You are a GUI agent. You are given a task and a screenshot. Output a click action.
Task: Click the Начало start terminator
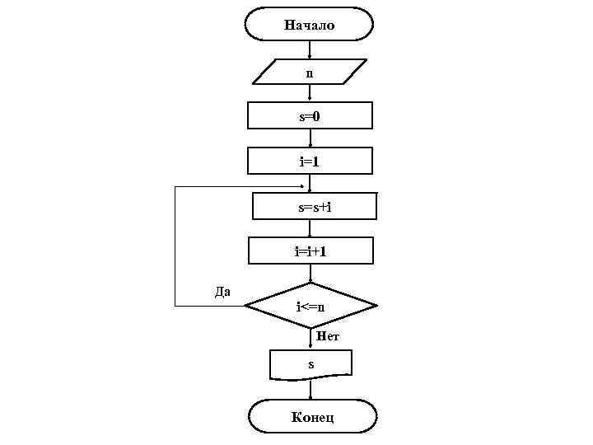tap(309, 25)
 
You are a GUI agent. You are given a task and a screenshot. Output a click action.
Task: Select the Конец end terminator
tap(312, 416)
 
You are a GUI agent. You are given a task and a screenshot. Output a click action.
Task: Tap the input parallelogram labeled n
tap(309, 72)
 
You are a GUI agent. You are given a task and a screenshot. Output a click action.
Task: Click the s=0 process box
tap(310, 116)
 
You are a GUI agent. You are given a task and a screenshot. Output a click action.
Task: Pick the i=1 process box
tap(310, 161)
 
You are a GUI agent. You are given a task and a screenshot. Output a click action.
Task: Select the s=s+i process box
tap(314, 206)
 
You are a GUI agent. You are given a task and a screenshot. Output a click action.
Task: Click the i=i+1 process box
tap(311, 251)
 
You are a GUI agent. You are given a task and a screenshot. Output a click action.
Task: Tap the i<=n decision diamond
tap(311, 307)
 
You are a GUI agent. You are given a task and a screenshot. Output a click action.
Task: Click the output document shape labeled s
tap(311, 364)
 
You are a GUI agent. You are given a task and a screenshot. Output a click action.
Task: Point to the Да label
tap(222, 291)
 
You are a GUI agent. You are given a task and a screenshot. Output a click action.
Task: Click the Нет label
tap(328, 336)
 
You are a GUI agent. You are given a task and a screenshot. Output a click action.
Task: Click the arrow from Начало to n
tap(309, 49)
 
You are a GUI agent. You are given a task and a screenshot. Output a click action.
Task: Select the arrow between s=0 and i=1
tap(310, 138)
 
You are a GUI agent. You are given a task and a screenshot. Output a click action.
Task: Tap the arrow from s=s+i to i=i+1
tap(310, 228)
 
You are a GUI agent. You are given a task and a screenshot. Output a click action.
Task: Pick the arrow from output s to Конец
tap(310, 390)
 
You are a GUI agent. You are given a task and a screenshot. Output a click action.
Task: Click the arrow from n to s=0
tap(310, 93)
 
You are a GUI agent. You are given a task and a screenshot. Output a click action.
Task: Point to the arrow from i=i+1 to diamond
tap(310, 274)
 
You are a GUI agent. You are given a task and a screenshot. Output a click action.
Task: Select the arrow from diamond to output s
tap(310, 340)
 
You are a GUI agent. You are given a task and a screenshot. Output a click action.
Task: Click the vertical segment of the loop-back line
tap(175, 247)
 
